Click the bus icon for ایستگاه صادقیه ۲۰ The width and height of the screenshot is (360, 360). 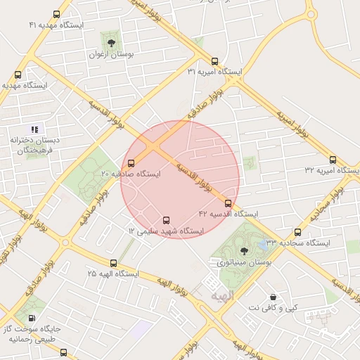131,164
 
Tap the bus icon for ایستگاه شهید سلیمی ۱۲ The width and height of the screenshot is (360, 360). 166,220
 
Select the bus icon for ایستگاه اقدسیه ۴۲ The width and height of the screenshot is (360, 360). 228,204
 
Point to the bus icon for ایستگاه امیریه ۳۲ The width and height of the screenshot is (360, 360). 333,160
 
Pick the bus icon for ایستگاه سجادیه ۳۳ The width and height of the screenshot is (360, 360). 297,232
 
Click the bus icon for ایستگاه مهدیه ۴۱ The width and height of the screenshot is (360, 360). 56,14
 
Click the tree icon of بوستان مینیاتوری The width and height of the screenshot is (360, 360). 244,251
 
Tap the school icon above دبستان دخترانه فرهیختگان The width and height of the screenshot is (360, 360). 35,129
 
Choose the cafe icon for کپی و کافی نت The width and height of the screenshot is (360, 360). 273,297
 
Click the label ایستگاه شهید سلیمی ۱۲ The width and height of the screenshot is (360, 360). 166,231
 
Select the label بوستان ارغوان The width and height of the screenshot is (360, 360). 111,54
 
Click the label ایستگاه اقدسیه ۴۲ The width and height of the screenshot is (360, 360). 228,214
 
